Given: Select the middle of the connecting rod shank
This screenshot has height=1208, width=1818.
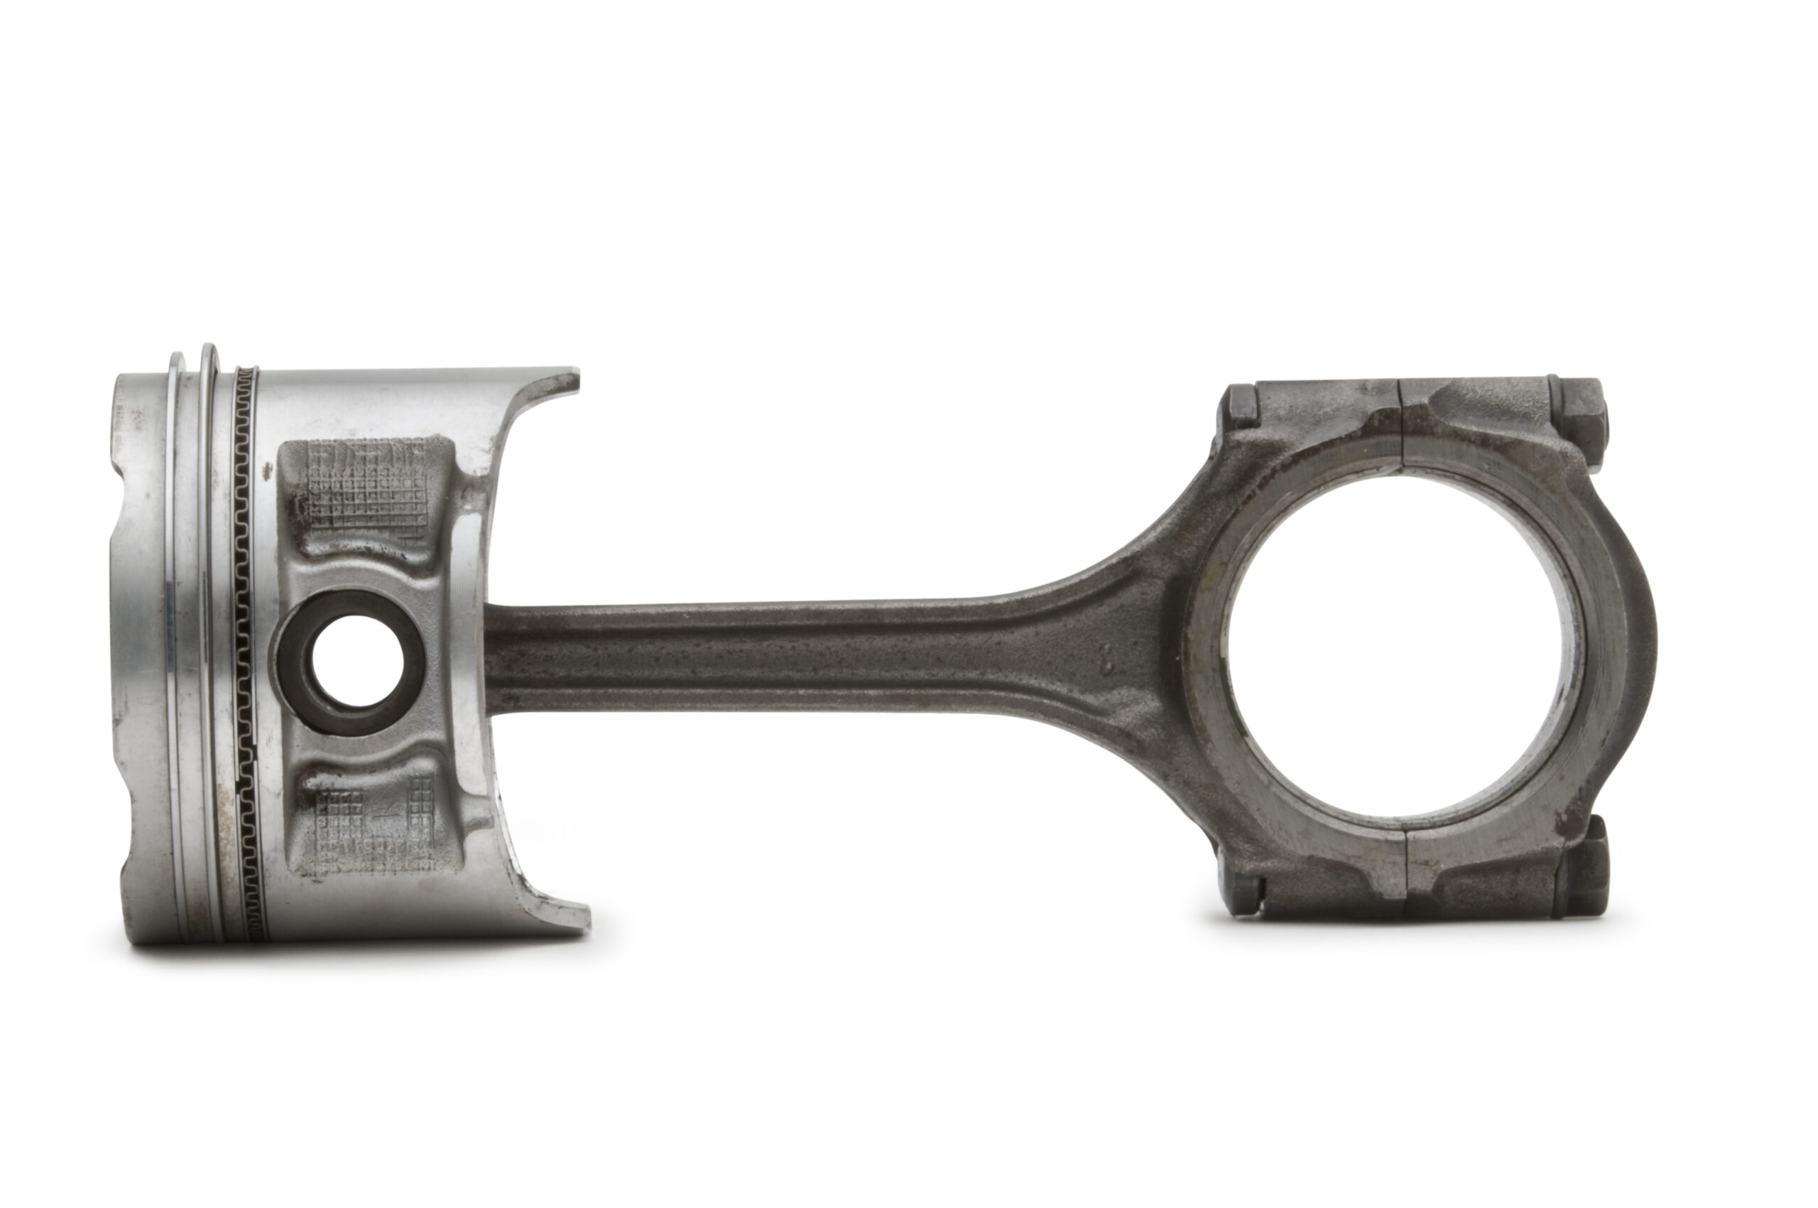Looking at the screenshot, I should click(x=770, y=655).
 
